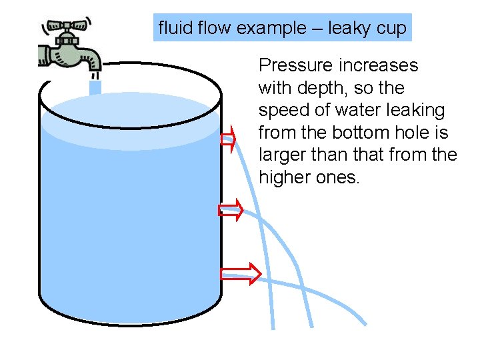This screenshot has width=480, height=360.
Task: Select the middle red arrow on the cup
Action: pyautogui.click(x=229, y=210)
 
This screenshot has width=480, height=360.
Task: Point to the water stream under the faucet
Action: pyautogui.click(x=95, y=87)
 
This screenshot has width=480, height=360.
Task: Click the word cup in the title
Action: pyautogui.click(x=391, y=29)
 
